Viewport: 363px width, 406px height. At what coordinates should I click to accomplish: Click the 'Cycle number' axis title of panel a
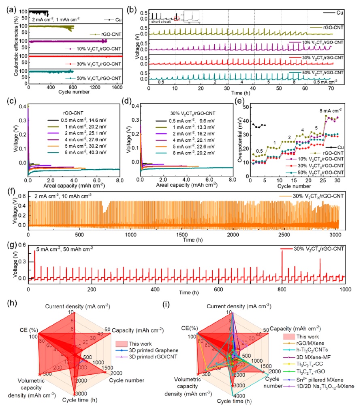click(76, 93)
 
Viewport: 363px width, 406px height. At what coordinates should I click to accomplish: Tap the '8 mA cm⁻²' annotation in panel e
click(331, 109)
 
